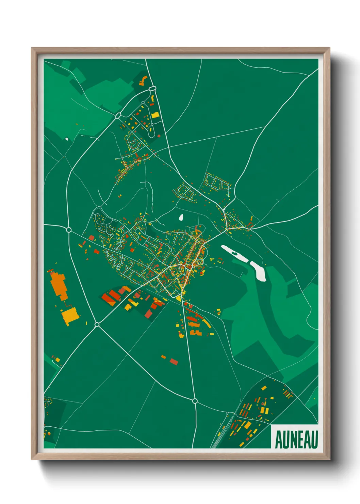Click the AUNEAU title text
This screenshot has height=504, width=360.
pos(296,439)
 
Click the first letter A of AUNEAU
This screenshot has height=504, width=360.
pos(278,440)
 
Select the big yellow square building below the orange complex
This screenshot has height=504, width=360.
pos(70,316)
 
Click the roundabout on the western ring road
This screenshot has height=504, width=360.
pos(69,230)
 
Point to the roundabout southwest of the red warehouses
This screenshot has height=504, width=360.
pos(97,325)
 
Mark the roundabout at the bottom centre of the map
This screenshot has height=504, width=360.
pos(195,401)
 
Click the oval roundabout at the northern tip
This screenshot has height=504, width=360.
pos(152,89)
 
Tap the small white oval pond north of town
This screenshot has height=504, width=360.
pos(181,217)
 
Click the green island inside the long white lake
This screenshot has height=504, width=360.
pos(234,253)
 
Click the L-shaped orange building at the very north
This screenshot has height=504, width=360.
pos(143,81)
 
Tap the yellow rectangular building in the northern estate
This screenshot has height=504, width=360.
pos(155,115)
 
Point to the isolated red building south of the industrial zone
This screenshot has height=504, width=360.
pos(174,361)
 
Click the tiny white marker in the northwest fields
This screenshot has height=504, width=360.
pos(67,139)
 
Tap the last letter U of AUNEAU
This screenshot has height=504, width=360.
pos(314,440)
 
